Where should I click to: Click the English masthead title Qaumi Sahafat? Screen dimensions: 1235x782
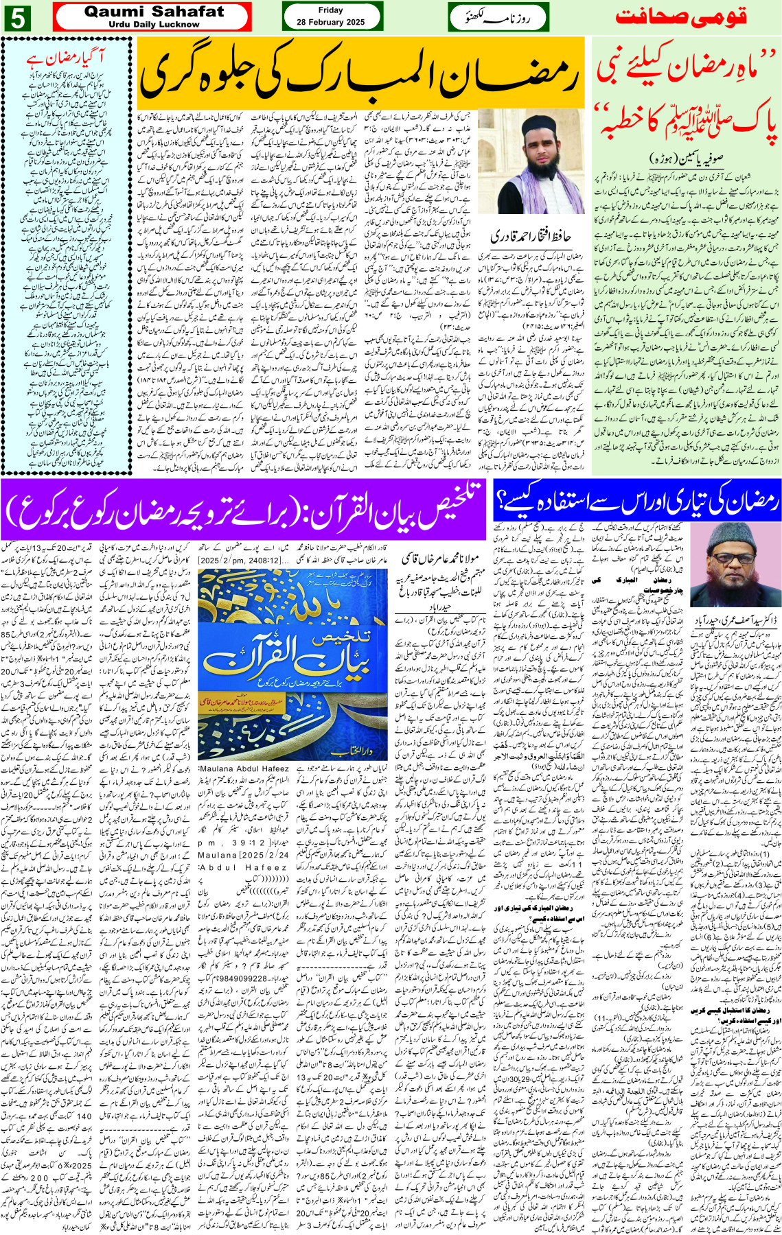click(x=154, y=12)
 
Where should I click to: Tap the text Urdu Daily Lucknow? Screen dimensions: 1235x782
click(x=154, y=25)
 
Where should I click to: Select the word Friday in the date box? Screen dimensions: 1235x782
click(x=330, y=10)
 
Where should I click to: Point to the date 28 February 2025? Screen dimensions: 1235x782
click(x=330, y=22)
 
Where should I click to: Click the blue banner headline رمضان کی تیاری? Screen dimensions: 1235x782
click(x=636, y=502)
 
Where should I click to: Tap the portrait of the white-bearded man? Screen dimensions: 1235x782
click(x=731, y=564)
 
